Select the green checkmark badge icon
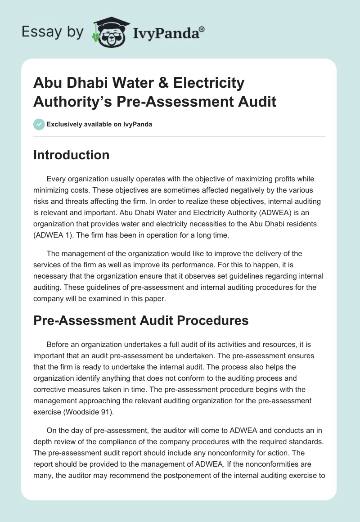pos(39,124)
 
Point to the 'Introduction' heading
pos(72,155)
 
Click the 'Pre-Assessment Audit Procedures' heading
pos(141,320)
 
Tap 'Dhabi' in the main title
pos(85,83)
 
